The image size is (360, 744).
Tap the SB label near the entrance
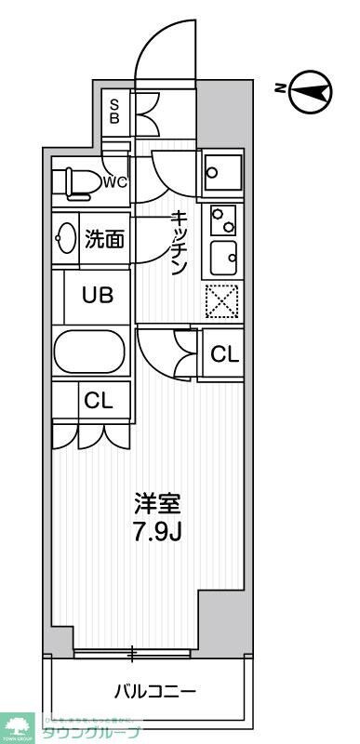tap(114, 112)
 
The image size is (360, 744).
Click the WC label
tap(115, 182)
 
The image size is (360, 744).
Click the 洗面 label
tap(104, 239)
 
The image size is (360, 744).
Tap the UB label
tap(97, 297)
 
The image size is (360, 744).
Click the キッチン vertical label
tap(180, 241)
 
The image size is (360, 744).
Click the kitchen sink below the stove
tap(222, 256)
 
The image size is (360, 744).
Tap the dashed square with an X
tap(222, 300)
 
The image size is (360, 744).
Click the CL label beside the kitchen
tap(224, 353)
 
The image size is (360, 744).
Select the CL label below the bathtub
tap(98, 401)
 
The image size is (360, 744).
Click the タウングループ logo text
tap(91, 732)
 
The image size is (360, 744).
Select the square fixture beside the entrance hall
tap(222, 170)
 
